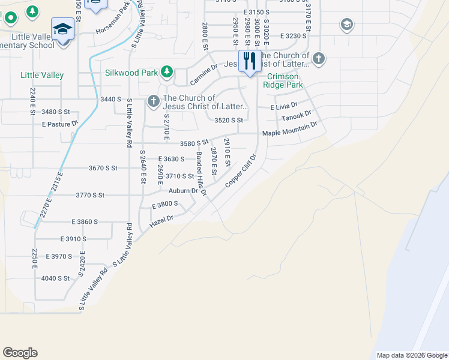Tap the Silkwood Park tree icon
point(167,73)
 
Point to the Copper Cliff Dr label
point(241,171)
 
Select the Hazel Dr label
point(161,221)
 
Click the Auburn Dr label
point(182,191)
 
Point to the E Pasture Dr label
point(60,124)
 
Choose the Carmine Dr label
point(203,74)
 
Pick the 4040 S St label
point(56,278)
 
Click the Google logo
point(20,353)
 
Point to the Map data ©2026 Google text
point(411,355)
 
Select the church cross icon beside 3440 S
point(153,101)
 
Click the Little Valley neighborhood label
point(42,76)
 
